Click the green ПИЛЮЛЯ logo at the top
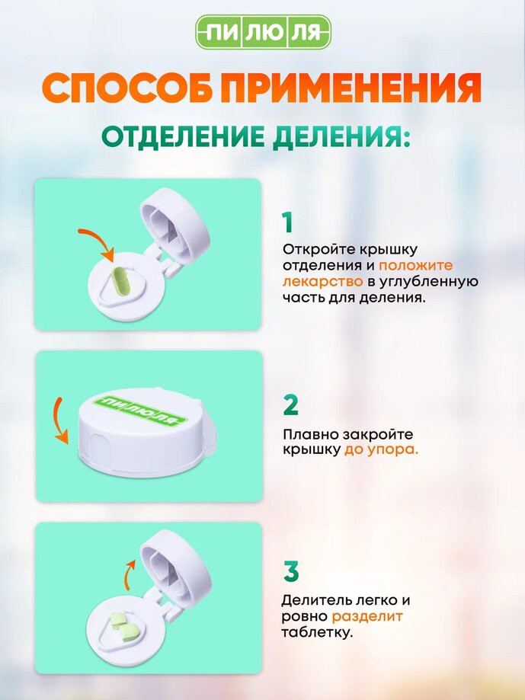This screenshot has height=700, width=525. (x=264, y=32)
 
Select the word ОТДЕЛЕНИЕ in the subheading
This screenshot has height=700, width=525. (x=183, y=136)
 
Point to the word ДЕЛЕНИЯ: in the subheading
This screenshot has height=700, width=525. (x=341, y=136)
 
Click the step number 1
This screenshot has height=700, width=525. (x=287, y=222)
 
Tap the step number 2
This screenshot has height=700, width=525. (x=290, y=405)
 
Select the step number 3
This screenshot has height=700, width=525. (x=290, y=571)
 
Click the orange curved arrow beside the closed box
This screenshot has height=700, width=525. (x=59, y=420)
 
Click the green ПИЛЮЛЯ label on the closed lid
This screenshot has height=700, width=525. (x=140, y=410)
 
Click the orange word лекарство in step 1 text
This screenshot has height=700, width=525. (x=322, y=282)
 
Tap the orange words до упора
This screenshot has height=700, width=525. (x=381, y=449)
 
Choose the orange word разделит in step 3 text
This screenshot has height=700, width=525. (x=367, y=616)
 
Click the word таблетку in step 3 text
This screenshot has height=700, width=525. (x=317, y=632)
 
